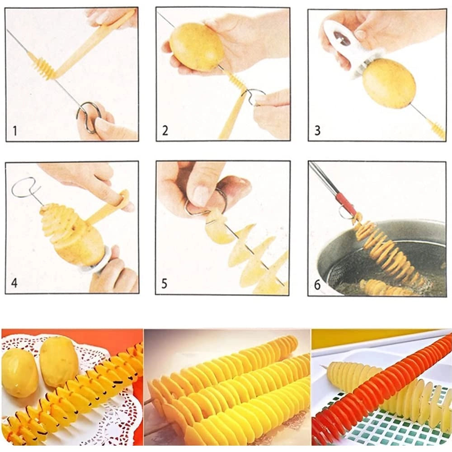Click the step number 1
tap(15, 131)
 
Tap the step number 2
tap(165, 131)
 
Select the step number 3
tap(317, 131)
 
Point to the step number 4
tap(14, 282)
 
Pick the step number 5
tap(165, 284)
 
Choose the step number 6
tap(317, 285)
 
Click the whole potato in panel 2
tap(197, 47)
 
